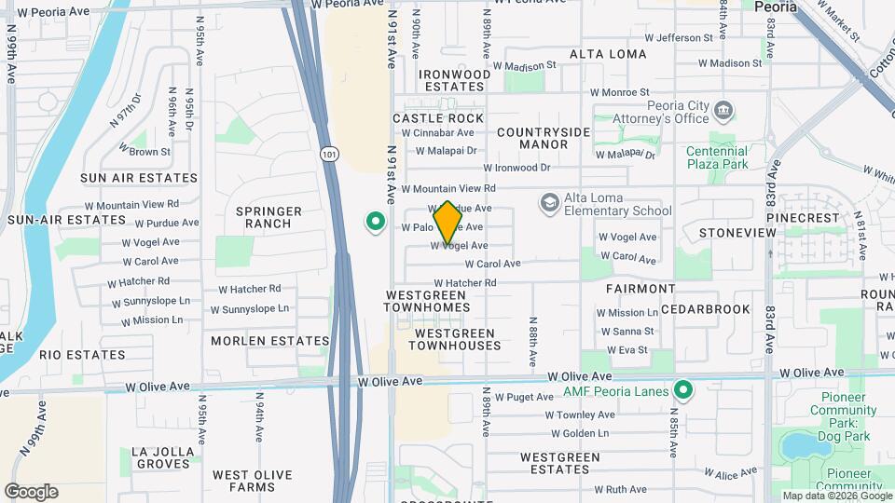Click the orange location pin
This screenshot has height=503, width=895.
pyautogui.click(x=447, y=222)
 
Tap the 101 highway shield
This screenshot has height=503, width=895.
pyautogui.click(x=328, y=156)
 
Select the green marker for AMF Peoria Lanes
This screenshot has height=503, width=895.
pyautogui.click(x=683, y=390)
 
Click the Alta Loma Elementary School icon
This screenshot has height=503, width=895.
pyautogui.click(x=550, y=202)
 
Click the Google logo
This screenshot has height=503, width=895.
pyautogui.click(x=31, y=492)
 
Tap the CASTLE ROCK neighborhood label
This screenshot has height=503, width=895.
pyautogui.click(x=438, y=118)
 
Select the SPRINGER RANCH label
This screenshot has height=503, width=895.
pyautogui.click(x=268, y=217)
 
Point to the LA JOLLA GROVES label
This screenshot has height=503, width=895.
pyautogui.click(x=163, y=457)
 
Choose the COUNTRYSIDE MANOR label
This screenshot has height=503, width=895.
pyautogui.click(x=544, y=138)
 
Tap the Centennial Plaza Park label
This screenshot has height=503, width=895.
pyautogui.click(x=717, y=157)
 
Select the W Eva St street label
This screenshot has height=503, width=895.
pyautogui.click(x=626, y=350)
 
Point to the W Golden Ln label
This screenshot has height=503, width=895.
pyautogui.click(x=579, y=433)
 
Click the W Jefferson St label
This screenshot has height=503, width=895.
pyautogui.click(x=684, y=38)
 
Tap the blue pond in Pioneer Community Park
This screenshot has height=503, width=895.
pyautogui.click(x=799, y=446)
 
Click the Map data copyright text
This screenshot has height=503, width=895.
pyautogui.click(x=836, y=496)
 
